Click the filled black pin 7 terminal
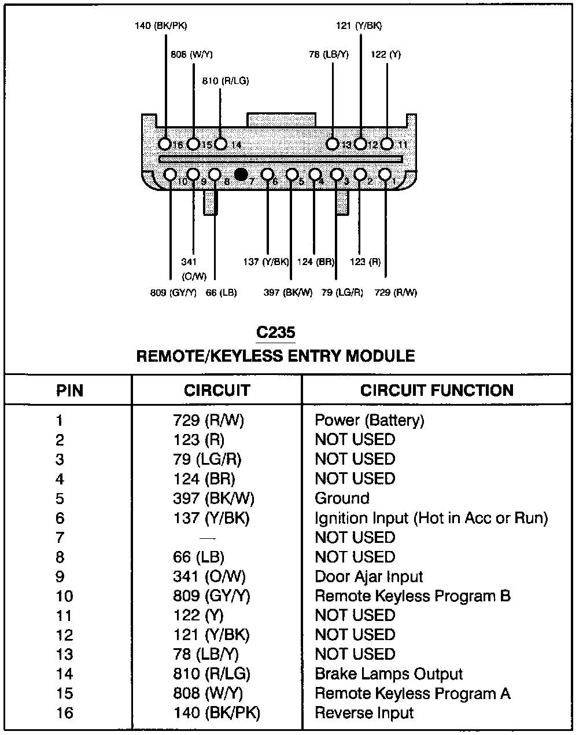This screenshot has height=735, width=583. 242,174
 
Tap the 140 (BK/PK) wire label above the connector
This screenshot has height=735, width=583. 161,26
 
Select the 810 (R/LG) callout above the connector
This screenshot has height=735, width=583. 226,81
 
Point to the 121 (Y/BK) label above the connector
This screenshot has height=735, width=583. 359,26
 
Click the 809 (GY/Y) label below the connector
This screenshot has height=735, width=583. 172,293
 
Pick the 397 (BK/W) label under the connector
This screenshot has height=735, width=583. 288,293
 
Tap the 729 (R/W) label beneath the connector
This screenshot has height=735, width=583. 396,293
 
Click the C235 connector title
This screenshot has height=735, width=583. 275,333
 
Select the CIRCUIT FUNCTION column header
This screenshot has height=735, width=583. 437,390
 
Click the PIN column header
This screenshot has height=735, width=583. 69,391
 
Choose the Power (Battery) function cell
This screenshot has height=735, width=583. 369,420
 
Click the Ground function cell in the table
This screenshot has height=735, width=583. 342,498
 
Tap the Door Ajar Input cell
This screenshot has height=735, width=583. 369,576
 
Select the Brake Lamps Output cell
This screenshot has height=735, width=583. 389,674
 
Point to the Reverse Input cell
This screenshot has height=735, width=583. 364,713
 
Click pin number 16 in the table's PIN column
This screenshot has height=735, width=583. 65,713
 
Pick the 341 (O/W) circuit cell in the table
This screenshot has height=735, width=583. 209,576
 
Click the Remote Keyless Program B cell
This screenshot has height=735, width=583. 412,596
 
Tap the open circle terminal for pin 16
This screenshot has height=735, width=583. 165,144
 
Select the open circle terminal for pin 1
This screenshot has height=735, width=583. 385,174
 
